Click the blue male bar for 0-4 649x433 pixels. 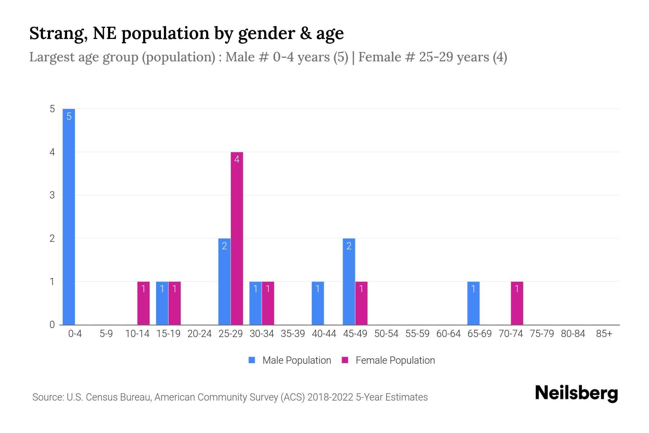pyautogui.click(x=69, y=216)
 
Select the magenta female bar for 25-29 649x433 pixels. pyautogui.click(x=237, y=238)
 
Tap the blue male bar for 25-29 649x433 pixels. pyautogui.click(x=224, y=281)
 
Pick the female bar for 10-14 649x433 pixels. pyautogui.click(x=144, y=303)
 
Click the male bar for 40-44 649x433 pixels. pyautogui.click(x=318, y=303)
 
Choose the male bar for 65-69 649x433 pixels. pyautogui.click(x=473, y=303)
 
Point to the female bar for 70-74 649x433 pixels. pyautogui.click(x=517, y=303)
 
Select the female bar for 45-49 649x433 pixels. pyautogui.click(x=361, y=303)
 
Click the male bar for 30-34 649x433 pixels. pyautogui.click(x=255, y=303)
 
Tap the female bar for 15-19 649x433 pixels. pyautogui.click(x=175, y=303)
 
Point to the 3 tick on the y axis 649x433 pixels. pyautogui.click(x=52, y=195)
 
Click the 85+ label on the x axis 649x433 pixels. pyautogui.click(x=604, y=334)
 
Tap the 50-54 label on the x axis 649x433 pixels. pyautogui.click(x=386, y=334)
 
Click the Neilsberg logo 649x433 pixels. pyautogui.click(x=576, y=393)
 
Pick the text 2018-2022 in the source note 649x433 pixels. pyautogui.click(x=330, y=397)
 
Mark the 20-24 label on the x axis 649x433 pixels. pyautogui.click(x=199, y=334)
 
